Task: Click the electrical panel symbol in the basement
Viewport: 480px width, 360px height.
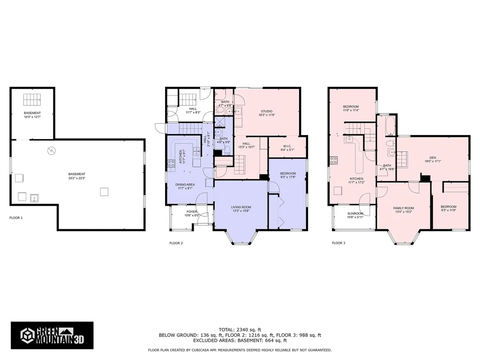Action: pyautogui.click(x=51, y=151)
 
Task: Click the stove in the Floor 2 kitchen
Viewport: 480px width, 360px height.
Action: pyautogui.click(x=171, y=164)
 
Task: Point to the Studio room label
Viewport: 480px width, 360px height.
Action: pyautogui.click(x=266, y=111)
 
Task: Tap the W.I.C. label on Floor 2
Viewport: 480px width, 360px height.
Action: pyautogui.click(x=287, y=146)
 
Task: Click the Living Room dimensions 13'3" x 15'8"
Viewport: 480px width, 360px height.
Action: pyautogui.click(x=241, y=211)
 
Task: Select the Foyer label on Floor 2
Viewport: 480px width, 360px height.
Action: pyautogui.click(x=191, y=212)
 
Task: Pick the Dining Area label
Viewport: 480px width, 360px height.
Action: pyautogui.click(x=185, y=185)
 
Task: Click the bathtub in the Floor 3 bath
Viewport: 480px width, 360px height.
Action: pyautogui.click(x=390, y=126)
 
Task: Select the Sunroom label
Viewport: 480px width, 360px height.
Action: pyautogui.click(x=355, y=213)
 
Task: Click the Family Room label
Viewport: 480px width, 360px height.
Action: pyautogui.click(x=403, y=208)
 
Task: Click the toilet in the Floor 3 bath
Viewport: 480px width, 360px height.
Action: pyautogui.click(x=389, y=143)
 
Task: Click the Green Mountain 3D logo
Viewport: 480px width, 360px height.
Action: pyautogui.click(x=52, y=335)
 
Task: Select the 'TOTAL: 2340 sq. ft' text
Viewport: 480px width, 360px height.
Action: pyautogui.click(x=240, y=329)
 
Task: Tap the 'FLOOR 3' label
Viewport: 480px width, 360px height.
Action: pyautogui.click(x=338, y=243)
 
